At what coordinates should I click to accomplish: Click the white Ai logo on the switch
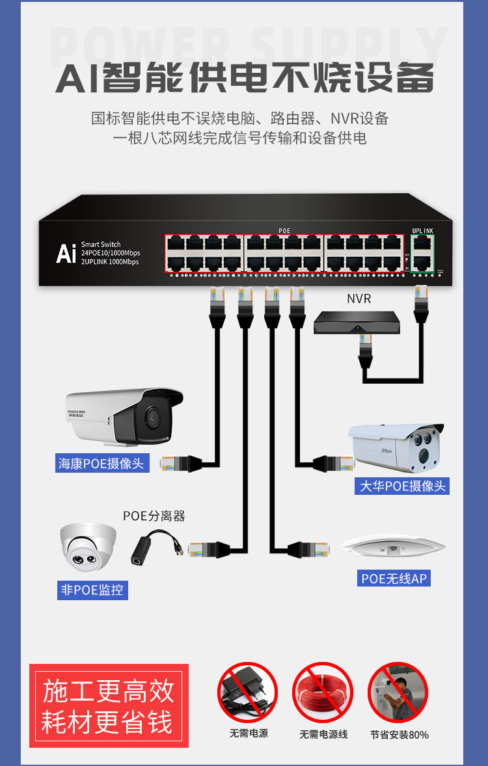[x=66, y=254]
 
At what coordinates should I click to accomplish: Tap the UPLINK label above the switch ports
[x=422, y=231]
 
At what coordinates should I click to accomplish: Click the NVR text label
[x=359, y=300]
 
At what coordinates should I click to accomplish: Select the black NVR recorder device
[x=357, y=323]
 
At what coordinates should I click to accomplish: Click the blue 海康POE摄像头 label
[x=101, y=464]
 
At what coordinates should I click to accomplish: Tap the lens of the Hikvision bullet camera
[x=152, y=416]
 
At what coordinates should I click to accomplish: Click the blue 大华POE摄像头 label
[x=403, y=486]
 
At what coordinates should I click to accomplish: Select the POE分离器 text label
[x=154, y=516]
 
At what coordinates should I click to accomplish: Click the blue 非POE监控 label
[x=92, y=590]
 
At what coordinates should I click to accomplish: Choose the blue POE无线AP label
[x=395, y=578]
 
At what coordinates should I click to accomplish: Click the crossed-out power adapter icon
[x=247, y=692]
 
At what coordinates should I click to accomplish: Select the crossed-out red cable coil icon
[x=323, y=692]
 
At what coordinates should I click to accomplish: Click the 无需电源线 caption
[x=323, y=734]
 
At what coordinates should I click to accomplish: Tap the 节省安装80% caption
[x=400, y=735]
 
